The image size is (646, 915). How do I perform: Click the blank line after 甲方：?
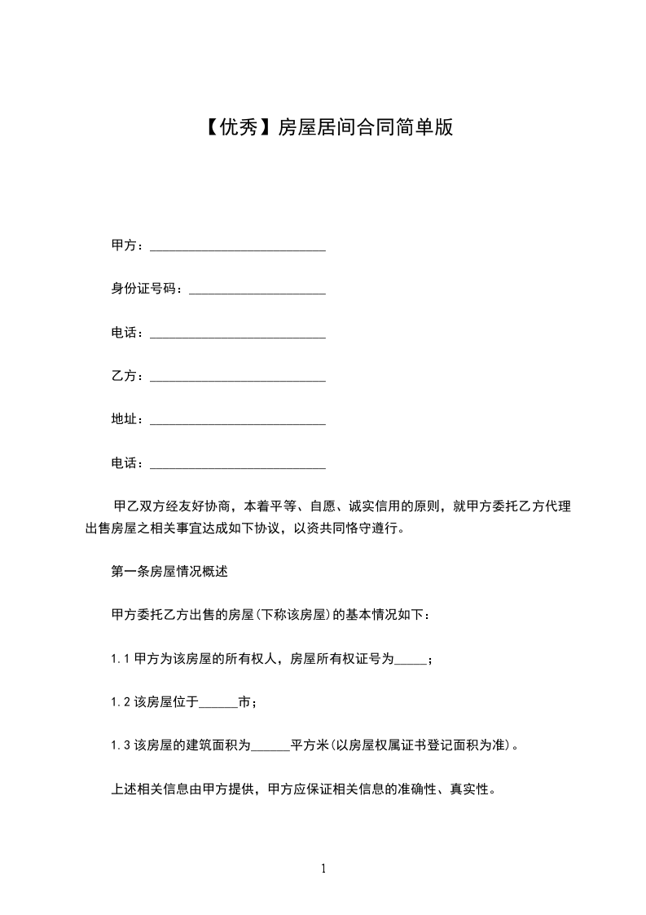(238, 246)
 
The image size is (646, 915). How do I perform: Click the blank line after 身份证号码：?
(257, 290)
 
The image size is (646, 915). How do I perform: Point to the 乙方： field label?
(128, 376)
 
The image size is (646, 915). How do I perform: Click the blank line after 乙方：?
(238, 377)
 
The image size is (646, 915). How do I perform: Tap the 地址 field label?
(123, 419)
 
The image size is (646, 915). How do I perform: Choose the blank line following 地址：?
(238, 420)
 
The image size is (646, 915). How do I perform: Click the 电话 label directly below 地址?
(123, 463)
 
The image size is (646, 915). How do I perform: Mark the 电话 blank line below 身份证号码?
(238, 334)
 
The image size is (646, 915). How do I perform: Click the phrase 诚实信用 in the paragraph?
(371, 506)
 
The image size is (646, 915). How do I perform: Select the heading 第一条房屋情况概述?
(169, 572)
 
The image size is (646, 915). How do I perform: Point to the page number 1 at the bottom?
(323, 869)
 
